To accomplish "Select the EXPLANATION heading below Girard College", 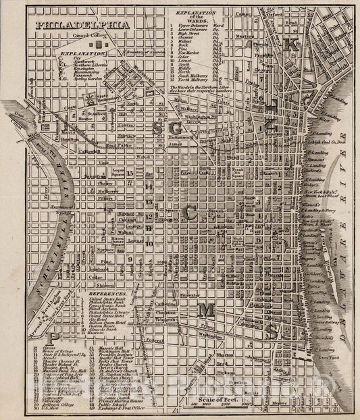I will click(x=77, y=52).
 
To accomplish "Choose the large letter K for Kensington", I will click(x=291, y=46).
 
